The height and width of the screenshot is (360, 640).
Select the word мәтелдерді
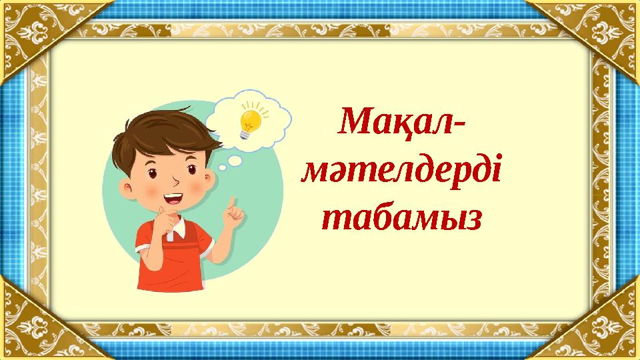click(x=402, y=172)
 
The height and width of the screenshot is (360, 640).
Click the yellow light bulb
click(x=250, y=120)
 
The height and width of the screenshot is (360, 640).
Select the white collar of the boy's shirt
click(x=179, y=230)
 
